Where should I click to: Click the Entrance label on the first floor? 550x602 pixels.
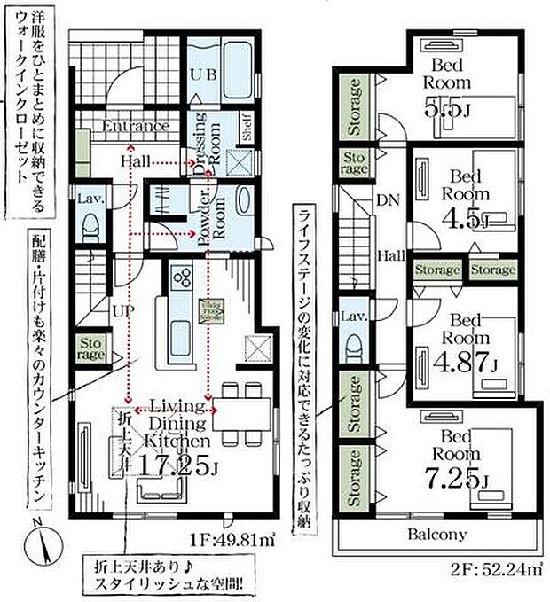(x=135, y=126)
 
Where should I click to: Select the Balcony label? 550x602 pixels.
(x=437, y=535)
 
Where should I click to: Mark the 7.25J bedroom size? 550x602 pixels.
(x=456, y=479)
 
